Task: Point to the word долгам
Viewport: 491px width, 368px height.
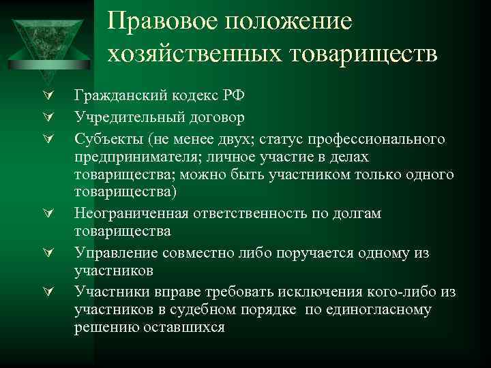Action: pyautogui.click(x=357, y=214)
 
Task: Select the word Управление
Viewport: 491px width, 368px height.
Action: pyautogui.click(x=110, y=253)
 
